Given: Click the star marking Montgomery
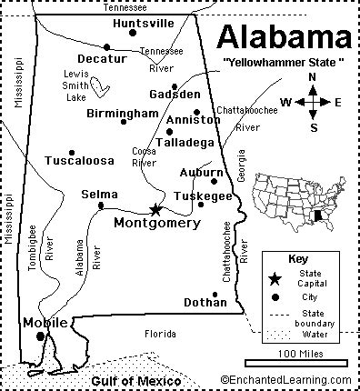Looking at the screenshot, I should tap(155, 209).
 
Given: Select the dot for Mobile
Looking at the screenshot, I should tap(40, 336).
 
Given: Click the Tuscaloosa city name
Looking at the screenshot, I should tap(80, 160).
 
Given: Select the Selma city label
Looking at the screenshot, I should tap(98, 194).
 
